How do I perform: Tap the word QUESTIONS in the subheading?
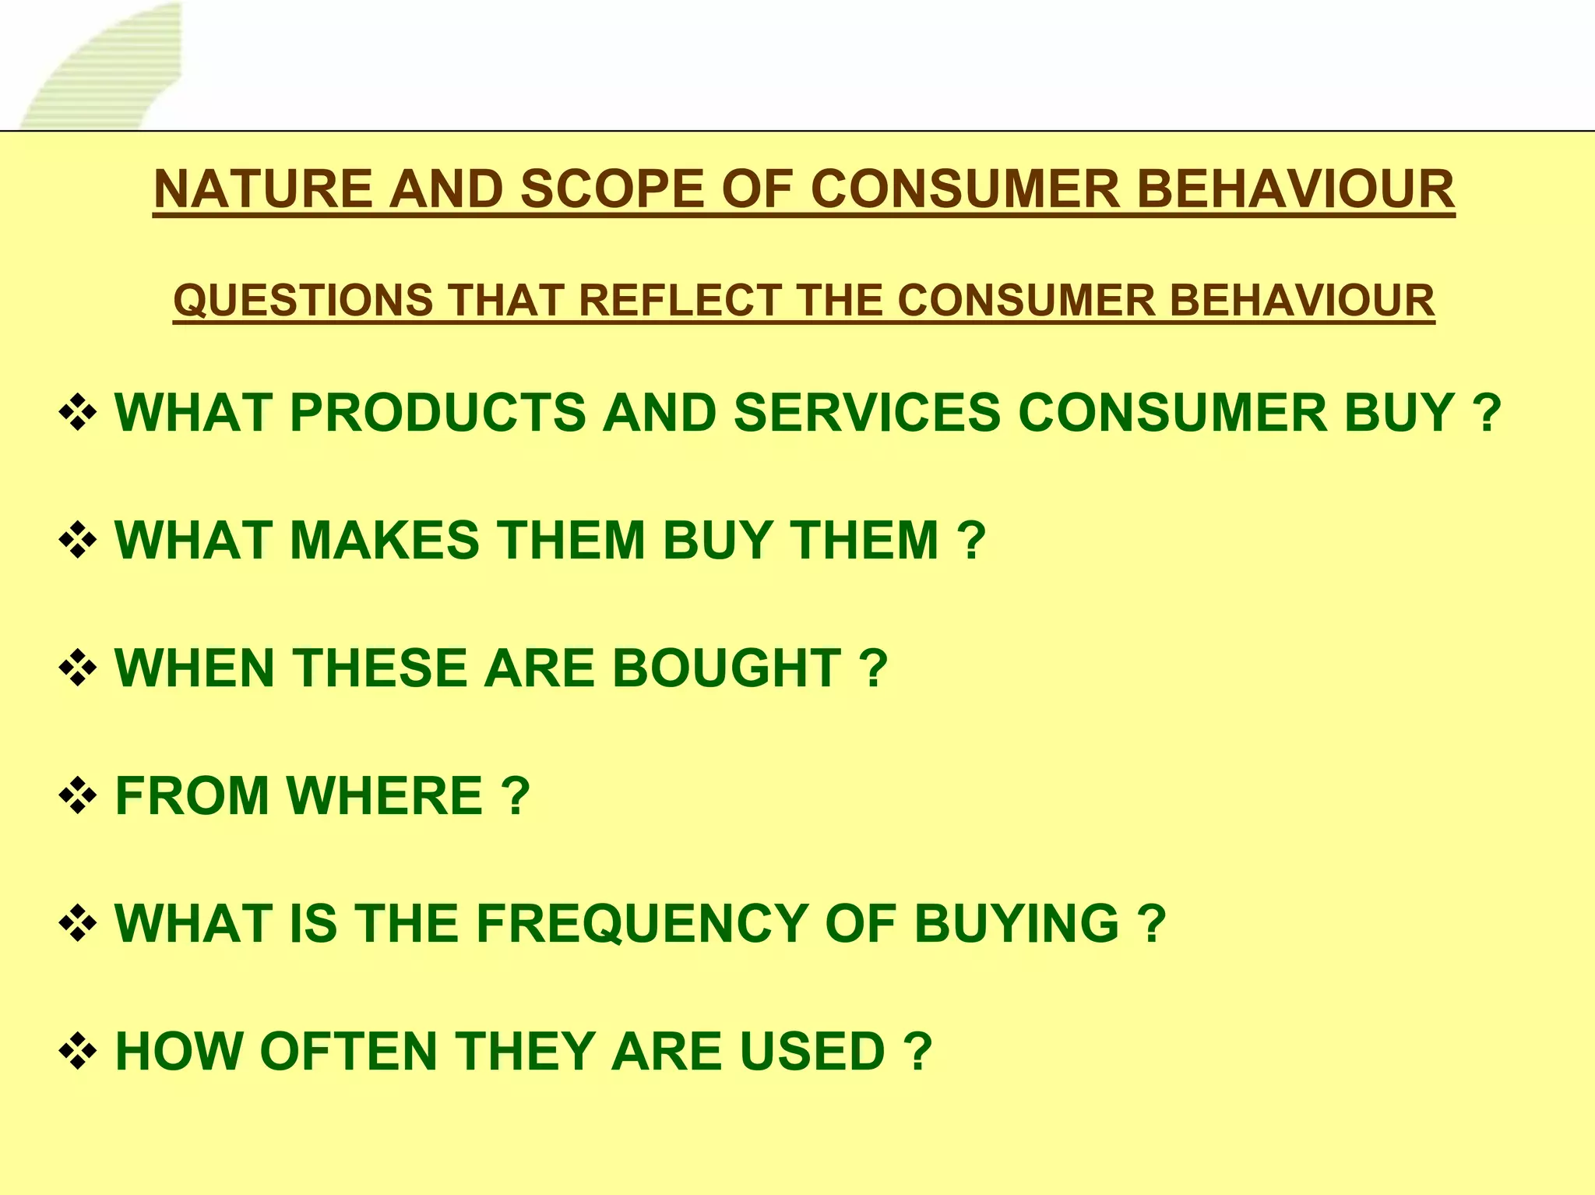pyautogui.click(x=303, y=301)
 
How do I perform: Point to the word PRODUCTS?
pyautogui.click(x=437, y=412)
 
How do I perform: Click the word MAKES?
pyautogui.click(x=385, y=540)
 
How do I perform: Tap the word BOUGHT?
pyautogui.click(x=726, y=668)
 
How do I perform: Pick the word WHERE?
pyautogui.click(x=385, y=795)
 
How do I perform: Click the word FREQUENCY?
pyautogui.click(x=642, y=923)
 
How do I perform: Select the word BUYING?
pyautogui.click(x=1016, y=923)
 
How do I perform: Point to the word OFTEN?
pyautogui.click(x=348, y=1051)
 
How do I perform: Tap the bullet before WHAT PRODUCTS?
pyautogui.click(x=78, y=412)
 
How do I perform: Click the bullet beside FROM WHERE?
pyautogui.click(x=78, y=795)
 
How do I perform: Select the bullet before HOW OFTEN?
pyautogui.click(x=78, y=1051)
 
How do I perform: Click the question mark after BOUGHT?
pyautogui.click(x=874, y=668)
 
